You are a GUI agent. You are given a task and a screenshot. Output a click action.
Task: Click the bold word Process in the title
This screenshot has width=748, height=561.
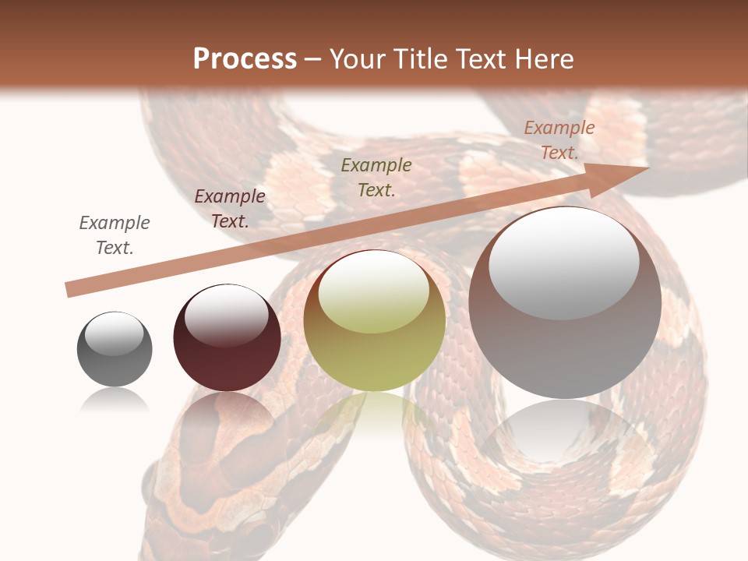tap(245, 59)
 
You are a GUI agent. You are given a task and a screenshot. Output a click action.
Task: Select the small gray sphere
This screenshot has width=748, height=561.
tap(115, 349)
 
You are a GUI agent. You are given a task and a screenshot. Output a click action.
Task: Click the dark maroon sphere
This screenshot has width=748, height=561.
tap(227, 338)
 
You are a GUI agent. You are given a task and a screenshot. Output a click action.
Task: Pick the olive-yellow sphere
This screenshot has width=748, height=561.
tap(375, 321)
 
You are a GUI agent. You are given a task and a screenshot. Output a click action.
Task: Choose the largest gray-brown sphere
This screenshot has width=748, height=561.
tap(565, 303)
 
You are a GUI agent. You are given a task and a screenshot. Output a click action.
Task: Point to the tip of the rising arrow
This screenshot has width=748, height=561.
tap(647, 168)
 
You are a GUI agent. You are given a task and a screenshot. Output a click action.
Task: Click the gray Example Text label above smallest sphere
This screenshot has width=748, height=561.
tap(115, 235)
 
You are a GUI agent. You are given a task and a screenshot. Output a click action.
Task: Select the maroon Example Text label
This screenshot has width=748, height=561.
tap(230, 209)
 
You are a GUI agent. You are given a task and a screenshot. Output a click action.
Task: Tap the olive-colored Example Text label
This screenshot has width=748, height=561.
tap(376, 178)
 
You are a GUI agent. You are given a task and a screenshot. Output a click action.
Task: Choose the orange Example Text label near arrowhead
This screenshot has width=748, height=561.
tap(559, 140)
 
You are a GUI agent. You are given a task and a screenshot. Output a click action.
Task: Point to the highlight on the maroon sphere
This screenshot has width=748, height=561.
tap(226, 314)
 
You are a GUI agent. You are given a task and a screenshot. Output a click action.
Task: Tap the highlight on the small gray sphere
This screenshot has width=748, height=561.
tap(114, 333)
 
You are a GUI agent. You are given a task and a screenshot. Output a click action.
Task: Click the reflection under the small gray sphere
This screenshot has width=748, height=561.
tap(115, 400)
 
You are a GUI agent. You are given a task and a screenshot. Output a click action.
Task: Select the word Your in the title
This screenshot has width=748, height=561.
tap(358, 59)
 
